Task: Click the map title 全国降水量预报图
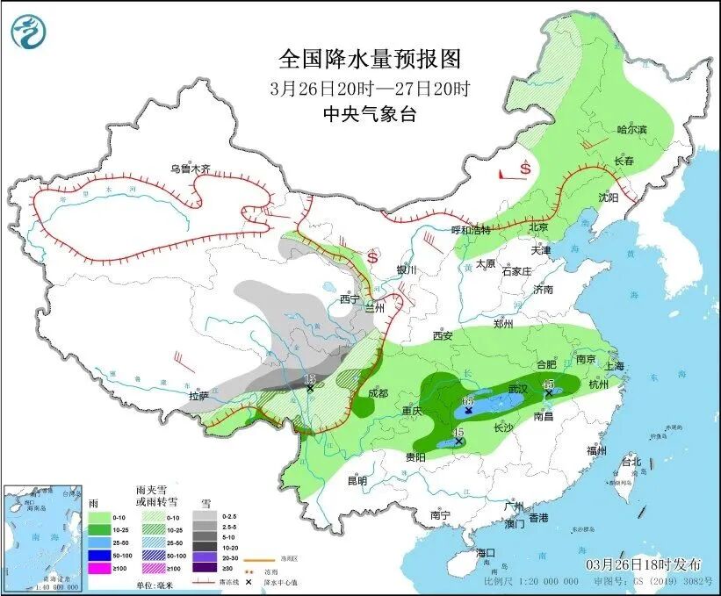point(369,59)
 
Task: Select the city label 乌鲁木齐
point(191,169)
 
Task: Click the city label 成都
point(378,392)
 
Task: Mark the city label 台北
point(631,461)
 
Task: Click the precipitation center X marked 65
point(468,410)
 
